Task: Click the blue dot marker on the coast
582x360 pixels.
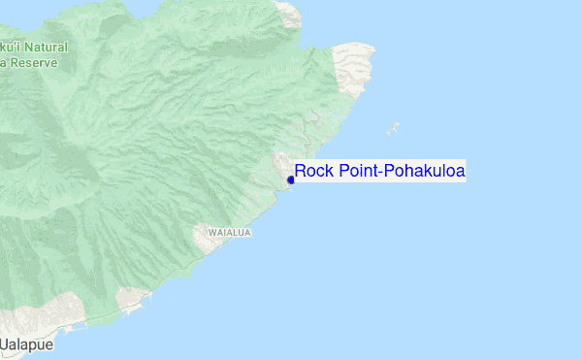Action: pos(291,180)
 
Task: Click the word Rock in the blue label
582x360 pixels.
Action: pos(312,172)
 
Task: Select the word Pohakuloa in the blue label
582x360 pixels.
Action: pos(426,172)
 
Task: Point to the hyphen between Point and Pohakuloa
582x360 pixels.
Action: pos(382,173)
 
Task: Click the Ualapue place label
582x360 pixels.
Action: pos(26,345)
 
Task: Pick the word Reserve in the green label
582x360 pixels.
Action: pos(34,63)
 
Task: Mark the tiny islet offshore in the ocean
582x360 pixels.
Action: pos(393,128)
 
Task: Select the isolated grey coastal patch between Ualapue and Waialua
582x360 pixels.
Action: pos(131,301)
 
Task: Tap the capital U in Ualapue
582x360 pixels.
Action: pos(5,345)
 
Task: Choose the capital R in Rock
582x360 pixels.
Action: pos(301,172)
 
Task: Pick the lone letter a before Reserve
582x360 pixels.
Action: pos(4,63)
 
